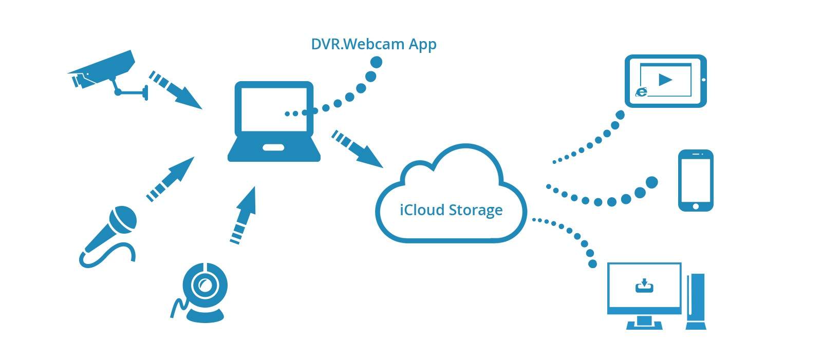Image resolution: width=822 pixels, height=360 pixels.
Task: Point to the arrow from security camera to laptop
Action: click(175, 90)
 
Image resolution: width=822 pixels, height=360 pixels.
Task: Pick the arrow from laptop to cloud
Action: click(357, 149)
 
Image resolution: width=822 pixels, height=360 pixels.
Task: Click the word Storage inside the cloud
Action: click(476, 210)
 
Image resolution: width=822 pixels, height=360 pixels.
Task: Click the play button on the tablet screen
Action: click(665, 80)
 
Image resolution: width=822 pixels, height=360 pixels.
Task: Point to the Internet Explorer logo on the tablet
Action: click(642, 92)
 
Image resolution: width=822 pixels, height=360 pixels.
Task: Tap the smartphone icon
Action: click(696, 180)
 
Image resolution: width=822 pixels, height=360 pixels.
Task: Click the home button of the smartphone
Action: click(696, 206)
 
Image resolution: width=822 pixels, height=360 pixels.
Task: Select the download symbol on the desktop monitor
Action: click(644, 285)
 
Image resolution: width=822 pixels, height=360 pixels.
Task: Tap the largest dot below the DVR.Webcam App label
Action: click(377, 63)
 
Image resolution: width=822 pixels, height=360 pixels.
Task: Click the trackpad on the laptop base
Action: click(273, 148)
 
